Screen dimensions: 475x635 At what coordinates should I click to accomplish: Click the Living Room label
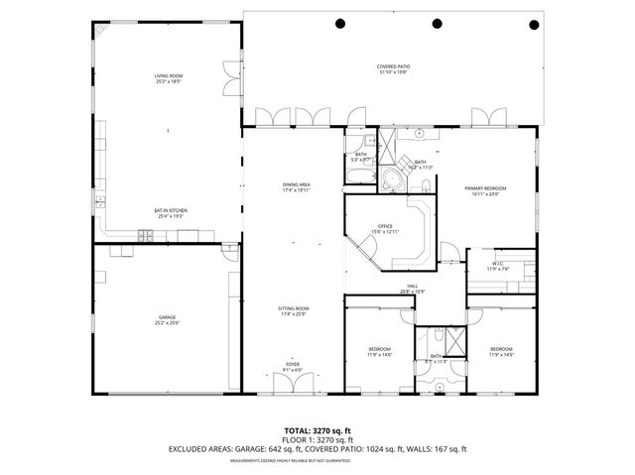(x=168, y=78)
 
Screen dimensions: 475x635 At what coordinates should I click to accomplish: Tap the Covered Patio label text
(x=394, y=70)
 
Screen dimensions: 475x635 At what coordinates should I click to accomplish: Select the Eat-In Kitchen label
(x=171, y=212)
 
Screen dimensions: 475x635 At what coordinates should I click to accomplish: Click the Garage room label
(x=168, y=319)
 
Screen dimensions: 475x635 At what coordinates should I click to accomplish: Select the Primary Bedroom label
(x=486, y=190)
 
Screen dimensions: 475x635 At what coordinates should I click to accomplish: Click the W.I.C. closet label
(x=497, y=266)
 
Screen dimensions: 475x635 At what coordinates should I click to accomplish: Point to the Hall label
(x=412, y=289)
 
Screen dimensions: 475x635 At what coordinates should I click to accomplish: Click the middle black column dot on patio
(x=437, y=23)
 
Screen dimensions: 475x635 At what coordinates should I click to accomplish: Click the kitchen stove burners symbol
(x=145, y=235)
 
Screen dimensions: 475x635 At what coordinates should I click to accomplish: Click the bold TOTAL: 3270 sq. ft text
(x=317, y=429)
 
